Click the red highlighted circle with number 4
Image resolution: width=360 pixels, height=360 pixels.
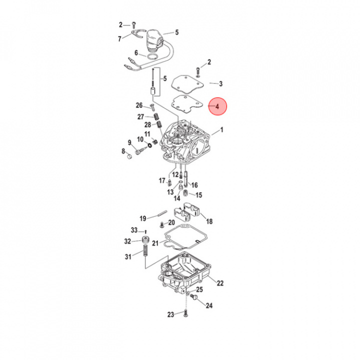point(217,106)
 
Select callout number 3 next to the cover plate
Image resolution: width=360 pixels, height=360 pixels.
point(220,83)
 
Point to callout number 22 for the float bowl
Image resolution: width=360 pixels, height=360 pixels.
point(220,283)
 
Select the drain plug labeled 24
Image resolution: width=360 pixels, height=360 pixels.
point(196,299)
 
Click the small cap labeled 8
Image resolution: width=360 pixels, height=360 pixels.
point(129,157)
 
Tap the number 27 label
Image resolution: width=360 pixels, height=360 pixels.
point(140,116)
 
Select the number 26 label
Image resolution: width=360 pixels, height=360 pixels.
point(139,105)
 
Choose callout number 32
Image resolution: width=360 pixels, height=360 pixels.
point(127,241)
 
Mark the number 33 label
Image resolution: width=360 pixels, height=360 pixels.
point(133,230)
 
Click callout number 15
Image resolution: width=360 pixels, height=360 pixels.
point(198,195)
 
